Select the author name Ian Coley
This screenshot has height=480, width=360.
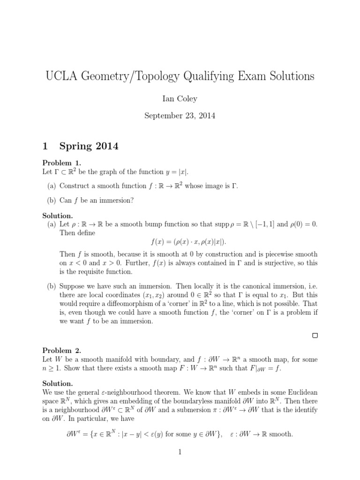pos(180,98)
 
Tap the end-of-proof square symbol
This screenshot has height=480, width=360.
pos(315,335)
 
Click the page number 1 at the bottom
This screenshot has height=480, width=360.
pos(180,452)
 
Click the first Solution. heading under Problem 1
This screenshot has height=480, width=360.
pos(58,216)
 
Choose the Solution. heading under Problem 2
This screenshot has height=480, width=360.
pos(58,383)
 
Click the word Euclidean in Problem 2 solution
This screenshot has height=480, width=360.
pos(301,393)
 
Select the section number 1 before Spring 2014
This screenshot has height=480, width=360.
pos(45,147)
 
